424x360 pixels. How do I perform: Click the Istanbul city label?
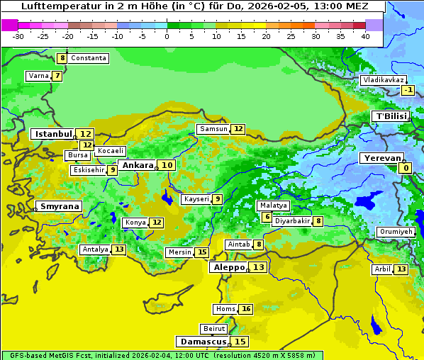[x=54, y=133]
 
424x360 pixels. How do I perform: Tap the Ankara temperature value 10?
[x=167, y=165]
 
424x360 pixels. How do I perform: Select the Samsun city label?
[x=213, y=129]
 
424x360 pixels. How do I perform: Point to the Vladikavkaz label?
[x=384, y=80]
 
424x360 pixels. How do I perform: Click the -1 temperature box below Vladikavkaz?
[x=408, y=90]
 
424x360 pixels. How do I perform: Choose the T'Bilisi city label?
[x=391, y=116]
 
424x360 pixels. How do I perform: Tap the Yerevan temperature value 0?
[x=406, y=168]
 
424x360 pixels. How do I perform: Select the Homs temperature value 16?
[x=246, y=309]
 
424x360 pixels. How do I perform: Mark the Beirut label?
[x=214, y=329]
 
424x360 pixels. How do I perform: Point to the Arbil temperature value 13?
[x=401, y=269]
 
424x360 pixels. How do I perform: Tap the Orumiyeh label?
[x=395, y=232]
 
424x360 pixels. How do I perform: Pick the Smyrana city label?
[x=60, y=206]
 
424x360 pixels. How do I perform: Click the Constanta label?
[x=89, y=58]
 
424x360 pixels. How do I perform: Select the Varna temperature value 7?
[x=57, y=76]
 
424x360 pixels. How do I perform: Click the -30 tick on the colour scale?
[x=18, y=35]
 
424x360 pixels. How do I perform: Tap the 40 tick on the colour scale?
[x=365, y=35]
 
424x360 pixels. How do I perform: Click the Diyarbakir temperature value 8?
[x=319, y=221]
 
